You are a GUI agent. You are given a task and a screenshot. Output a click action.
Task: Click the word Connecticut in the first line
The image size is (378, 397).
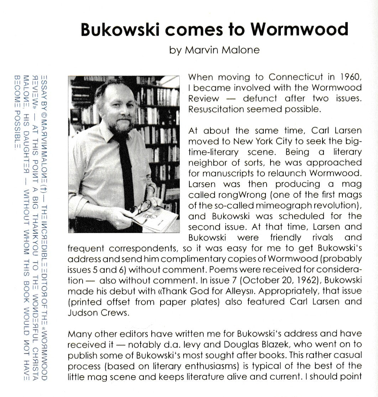pos(296,77)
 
